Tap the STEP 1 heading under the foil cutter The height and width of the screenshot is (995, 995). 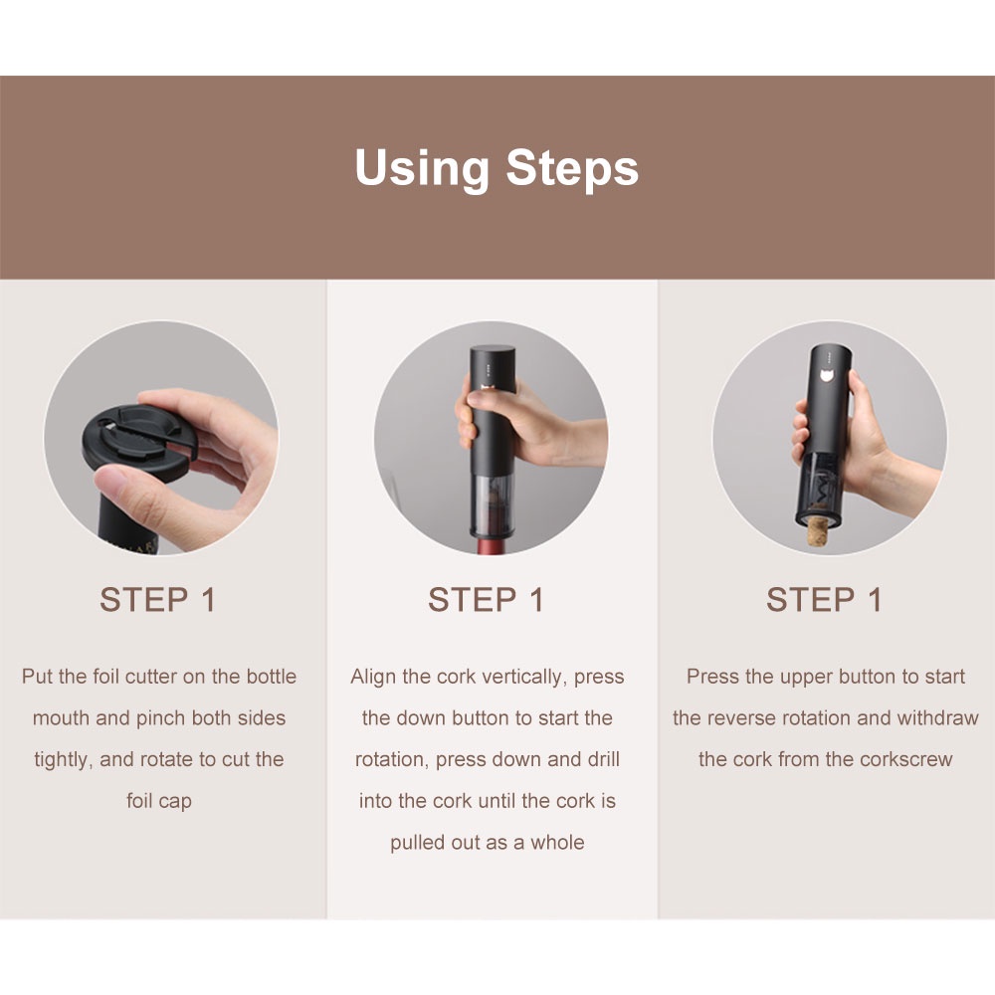(x=157, y=600)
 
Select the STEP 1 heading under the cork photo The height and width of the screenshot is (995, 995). (x=824, y=600)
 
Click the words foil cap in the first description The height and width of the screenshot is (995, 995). (x=159, y=801)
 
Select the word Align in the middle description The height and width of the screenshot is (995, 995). (x=373, y=677)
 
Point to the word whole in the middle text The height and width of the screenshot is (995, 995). (x=558, y=843)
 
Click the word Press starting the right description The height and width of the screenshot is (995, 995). (x=712, y=677)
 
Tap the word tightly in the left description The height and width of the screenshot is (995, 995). (x=61, y=760)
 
